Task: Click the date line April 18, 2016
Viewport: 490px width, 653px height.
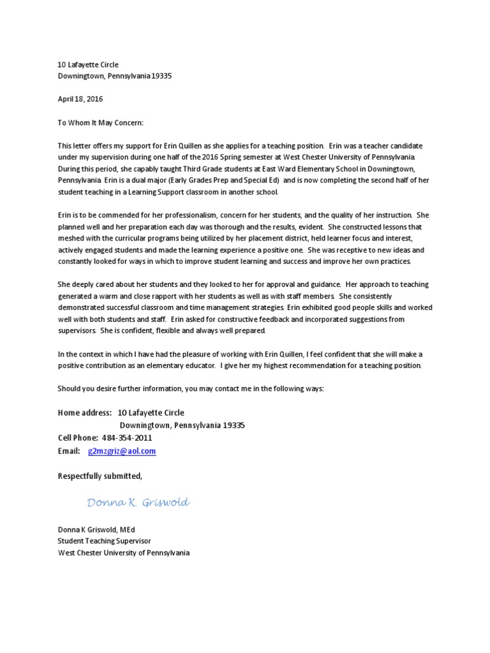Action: (80, 99)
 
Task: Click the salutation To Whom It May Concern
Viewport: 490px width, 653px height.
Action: (101, 122)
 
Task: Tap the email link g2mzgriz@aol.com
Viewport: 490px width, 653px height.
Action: (122, 451)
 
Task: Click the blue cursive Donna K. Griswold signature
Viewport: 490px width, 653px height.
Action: (138, 503)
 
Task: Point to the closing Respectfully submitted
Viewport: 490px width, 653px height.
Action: (100, 476)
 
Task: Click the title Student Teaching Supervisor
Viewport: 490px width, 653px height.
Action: (105, 541)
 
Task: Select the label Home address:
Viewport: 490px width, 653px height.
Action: (85, 413)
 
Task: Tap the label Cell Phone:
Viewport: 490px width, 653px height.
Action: (78, 438)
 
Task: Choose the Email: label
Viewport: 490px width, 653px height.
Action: (69, 451)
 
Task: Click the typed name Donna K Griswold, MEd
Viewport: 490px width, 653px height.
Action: (96, 529)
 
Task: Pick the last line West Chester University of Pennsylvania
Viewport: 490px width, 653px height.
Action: (124, 553)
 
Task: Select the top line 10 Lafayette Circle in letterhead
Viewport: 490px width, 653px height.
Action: (88, 64)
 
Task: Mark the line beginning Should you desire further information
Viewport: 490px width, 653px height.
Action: (191, 388)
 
